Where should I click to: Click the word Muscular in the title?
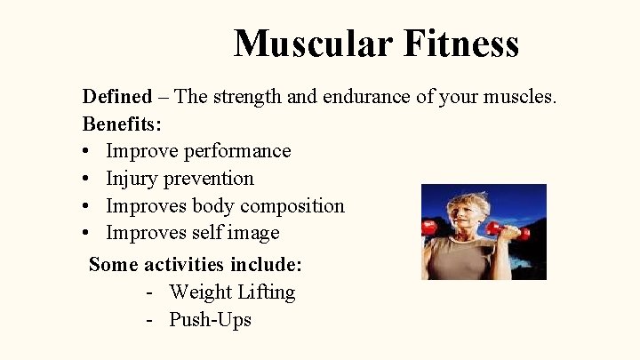pyautogui.click(x=301, y=43)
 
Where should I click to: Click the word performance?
pyautogui.click(x=237, y=151)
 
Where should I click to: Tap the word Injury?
pyautogui.click(x=130, y=179)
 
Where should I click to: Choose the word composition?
pyautogui.click(x=293, y=206)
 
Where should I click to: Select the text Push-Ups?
pyautogui.click(x=211, y=320)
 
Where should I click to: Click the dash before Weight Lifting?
pyautogui.click(x=153, y=292)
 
